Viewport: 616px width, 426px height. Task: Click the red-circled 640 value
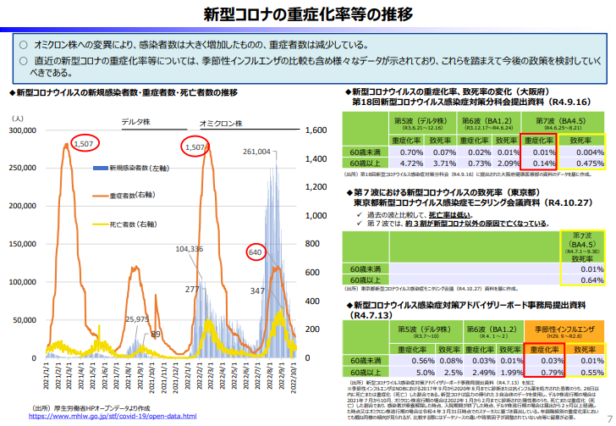coord(256,252)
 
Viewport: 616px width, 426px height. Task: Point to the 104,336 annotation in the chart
coord(190,250)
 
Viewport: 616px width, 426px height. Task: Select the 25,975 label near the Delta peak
coord(136,318)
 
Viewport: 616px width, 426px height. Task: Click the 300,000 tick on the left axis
coord(33,131)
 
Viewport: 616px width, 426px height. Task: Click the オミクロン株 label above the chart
coord(223,121)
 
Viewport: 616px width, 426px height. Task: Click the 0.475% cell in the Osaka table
coord(585,163)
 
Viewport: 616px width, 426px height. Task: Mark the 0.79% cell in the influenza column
coord(541,371)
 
